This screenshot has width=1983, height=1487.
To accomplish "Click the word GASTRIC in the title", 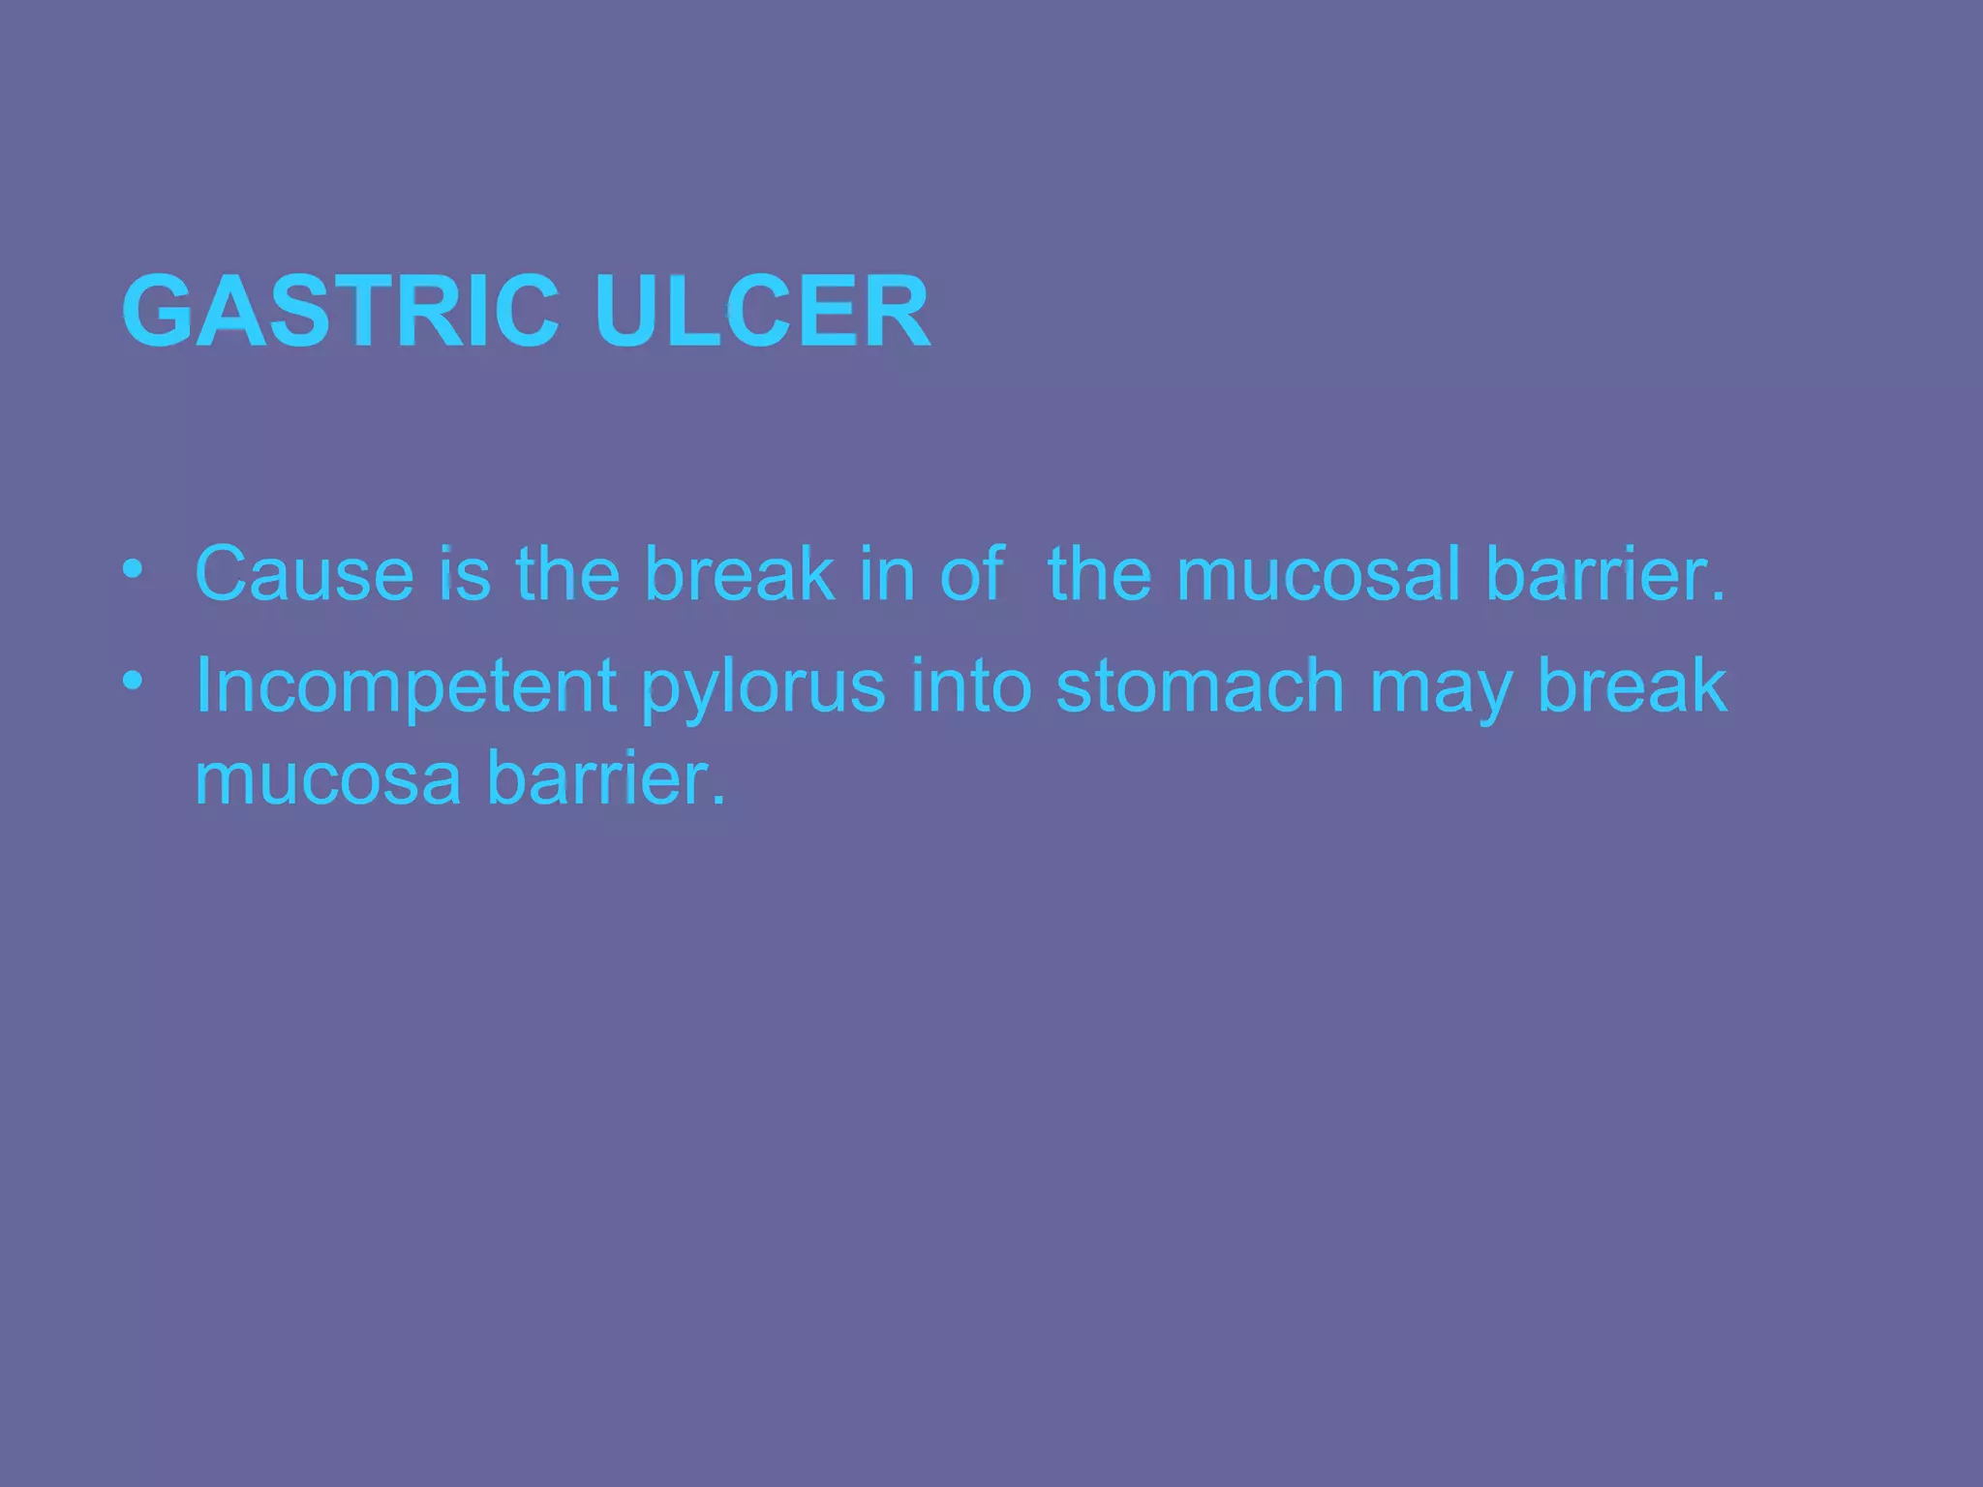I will tap(340, 312).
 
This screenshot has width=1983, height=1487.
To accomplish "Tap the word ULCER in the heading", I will tap(762, 312).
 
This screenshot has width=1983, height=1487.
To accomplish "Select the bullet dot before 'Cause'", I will tap(133, 568).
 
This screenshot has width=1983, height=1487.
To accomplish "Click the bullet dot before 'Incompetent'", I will tap(133, 681).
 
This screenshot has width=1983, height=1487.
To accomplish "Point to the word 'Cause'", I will tap(304, 574).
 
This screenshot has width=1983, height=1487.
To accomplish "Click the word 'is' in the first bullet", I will tap(464, 574).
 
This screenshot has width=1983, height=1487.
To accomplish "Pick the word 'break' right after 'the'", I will tap(739, 574).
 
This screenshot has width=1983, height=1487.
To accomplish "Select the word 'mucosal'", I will tap(1318, 574).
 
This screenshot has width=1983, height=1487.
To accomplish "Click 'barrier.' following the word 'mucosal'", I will tap(1605, 574).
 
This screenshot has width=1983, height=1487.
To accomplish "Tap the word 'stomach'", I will tap(1200, 685).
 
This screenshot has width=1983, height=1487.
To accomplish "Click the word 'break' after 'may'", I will tap(1632, 685).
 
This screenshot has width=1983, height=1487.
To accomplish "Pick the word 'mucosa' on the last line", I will tap(327, 779).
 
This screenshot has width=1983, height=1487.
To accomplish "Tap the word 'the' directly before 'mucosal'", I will tap(1100, 574).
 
